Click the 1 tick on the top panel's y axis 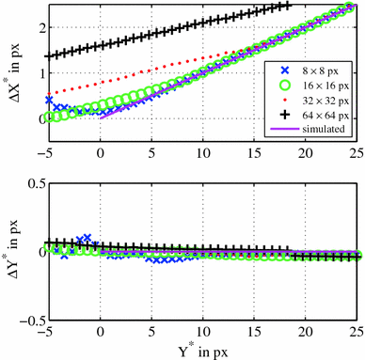click(x=37, y=74)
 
